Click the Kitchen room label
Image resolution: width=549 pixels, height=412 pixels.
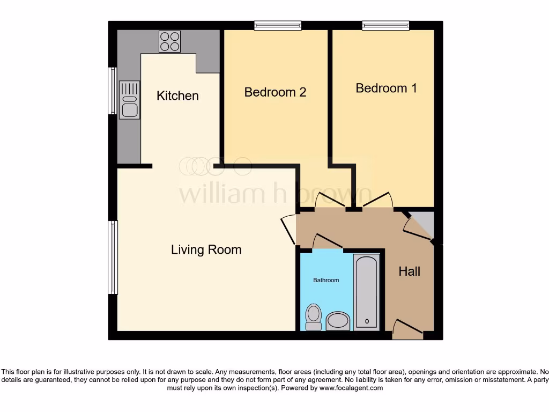[177, 95]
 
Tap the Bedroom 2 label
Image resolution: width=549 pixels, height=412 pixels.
[275, 92]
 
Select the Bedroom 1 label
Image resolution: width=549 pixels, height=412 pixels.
[386, 88]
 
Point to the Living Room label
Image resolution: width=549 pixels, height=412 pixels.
[206, 249]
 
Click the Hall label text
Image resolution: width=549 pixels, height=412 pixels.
[409, 271]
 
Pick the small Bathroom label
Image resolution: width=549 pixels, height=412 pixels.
[326, 280]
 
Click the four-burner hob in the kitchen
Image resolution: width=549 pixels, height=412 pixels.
[169, 41]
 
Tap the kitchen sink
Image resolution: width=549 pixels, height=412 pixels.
[129, 100]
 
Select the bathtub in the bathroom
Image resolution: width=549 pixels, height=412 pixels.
[367, 292]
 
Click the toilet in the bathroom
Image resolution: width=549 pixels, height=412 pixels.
[314, 317]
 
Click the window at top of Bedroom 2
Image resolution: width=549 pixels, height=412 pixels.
[278, 25]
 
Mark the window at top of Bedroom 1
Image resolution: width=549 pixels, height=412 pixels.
[385, 25]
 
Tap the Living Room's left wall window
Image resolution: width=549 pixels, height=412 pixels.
[113, 257]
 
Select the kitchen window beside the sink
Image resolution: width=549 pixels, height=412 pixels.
[113, 91]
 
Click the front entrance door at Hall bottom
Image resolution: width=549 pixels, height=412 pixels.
[407, 329]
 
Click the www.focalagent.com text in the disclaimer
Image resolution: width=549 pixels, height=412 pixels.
[351, 388]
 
